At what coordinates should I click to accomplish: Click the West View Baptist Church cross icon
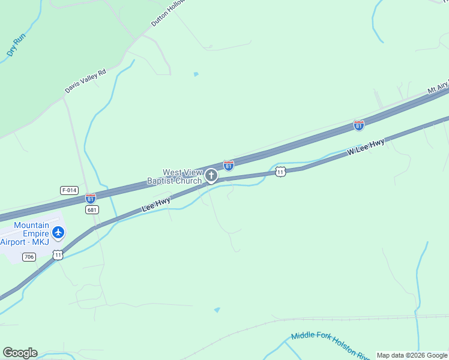[211, 176]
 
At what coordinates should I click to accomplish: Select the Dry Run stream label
[17, 45]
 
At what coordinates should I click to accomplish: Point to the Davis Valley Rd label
[85, 81]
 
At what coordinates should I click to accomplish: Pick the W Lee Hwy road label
[366, 148]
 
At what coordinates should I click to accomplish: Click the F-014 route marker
[69, 190]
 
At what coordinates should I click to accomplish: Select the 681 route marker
[92, 209]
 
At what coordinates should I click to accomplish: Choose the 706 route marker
[29, 257]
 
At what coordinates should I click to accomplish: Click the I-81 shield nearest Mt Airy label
[358, 125]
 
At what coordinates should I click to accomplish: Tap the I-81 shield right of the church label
[228, 165]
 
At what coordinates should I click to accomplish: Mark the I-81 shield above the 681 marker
[90, 198]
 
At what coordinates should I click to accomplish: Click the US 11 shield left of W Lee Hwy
[280, 172]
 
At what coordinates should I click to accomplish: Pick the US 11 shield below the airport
[58, 255]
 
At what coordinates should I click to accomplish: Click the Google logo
[20, 353]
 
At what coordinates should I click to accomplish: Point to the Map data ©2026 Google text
[412, 355]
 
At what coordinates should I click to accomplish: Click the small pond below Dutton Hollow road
[196, 74]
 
